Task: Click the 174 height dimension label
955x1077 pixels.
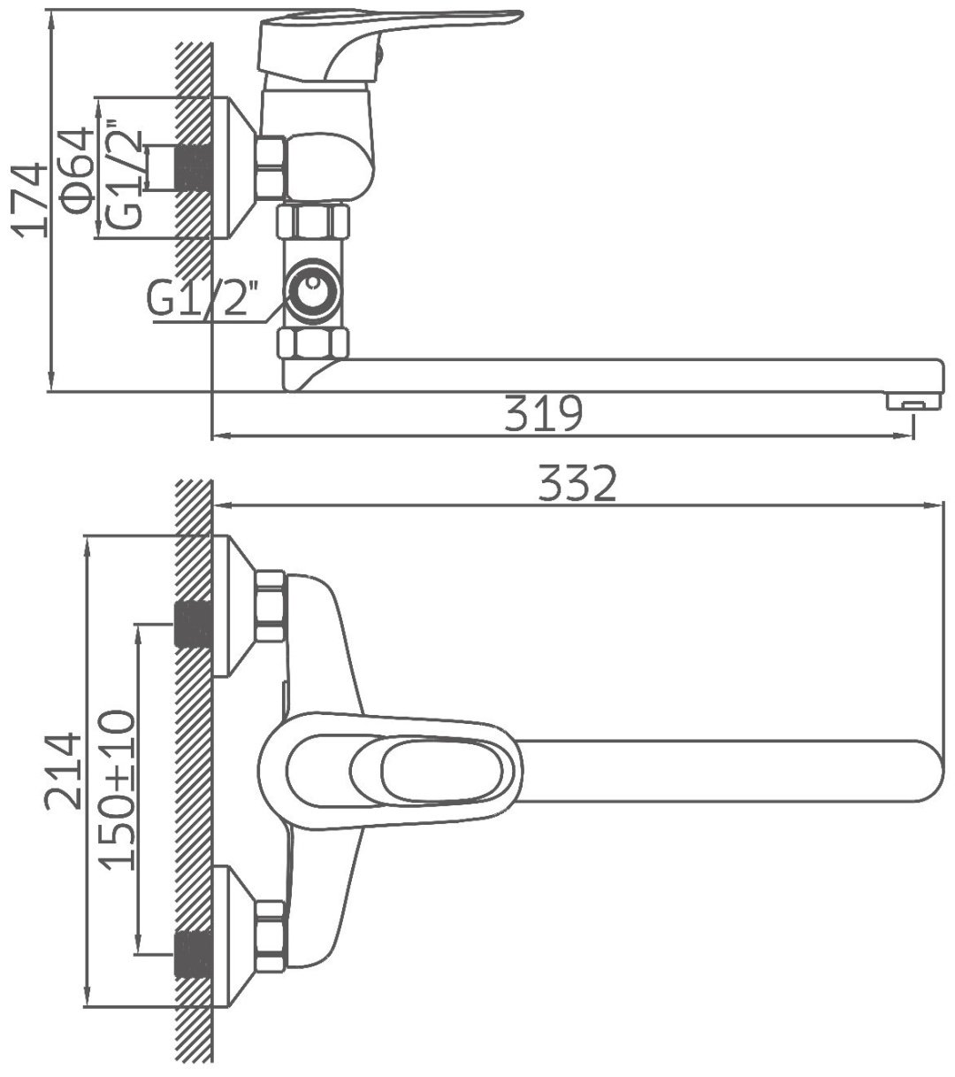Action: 28,199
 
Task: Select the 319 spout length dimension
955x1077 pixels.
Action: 543,412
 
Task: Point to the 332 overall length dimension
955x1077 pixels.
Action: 577,482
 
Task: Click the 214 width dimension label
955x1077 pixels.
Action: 64,771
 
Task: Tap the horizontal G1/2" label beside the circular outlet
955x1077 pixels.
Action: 202,299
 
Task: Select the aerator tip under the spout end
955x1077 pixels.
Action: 913,400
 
